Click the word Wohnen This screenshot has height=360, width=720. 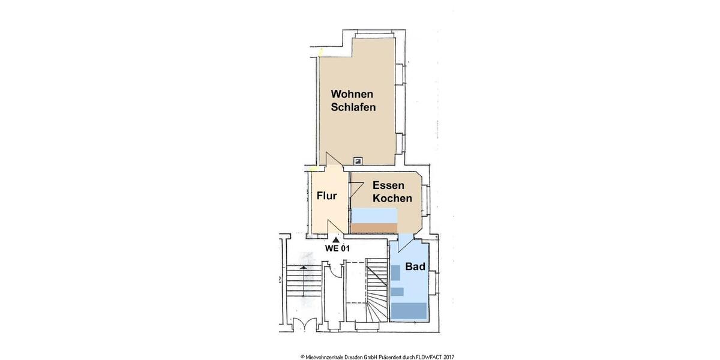pos(353,94)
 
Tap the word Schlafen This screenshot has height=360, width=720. pos(353,108)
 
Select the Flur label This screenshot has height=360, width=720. pos(326,196)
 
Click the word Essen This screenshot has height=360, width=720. pos(388,185)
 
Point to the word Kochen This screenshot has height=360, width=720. pos(392,199)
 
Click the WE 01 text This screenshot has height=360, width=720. pos(337,248)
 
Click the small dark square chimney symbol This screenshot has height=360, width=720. pos(358,161)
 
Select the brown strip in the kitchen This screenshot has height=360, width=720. pos(374,227)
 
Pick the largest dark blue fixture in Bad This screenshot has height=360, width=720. pos(409,310)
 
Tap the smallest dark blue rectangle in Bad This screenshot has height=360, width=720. pos(397,292)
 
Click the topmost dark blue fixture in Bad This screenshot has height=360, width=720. pos(395,272)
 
